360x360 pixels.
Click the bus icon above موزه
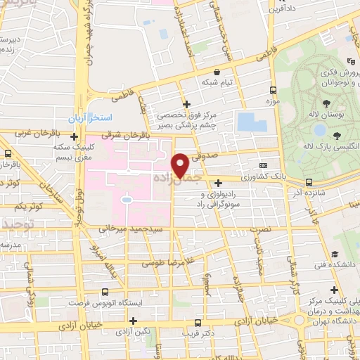pos(274,90)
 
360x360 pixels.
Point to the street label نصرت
pos(259,229)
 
